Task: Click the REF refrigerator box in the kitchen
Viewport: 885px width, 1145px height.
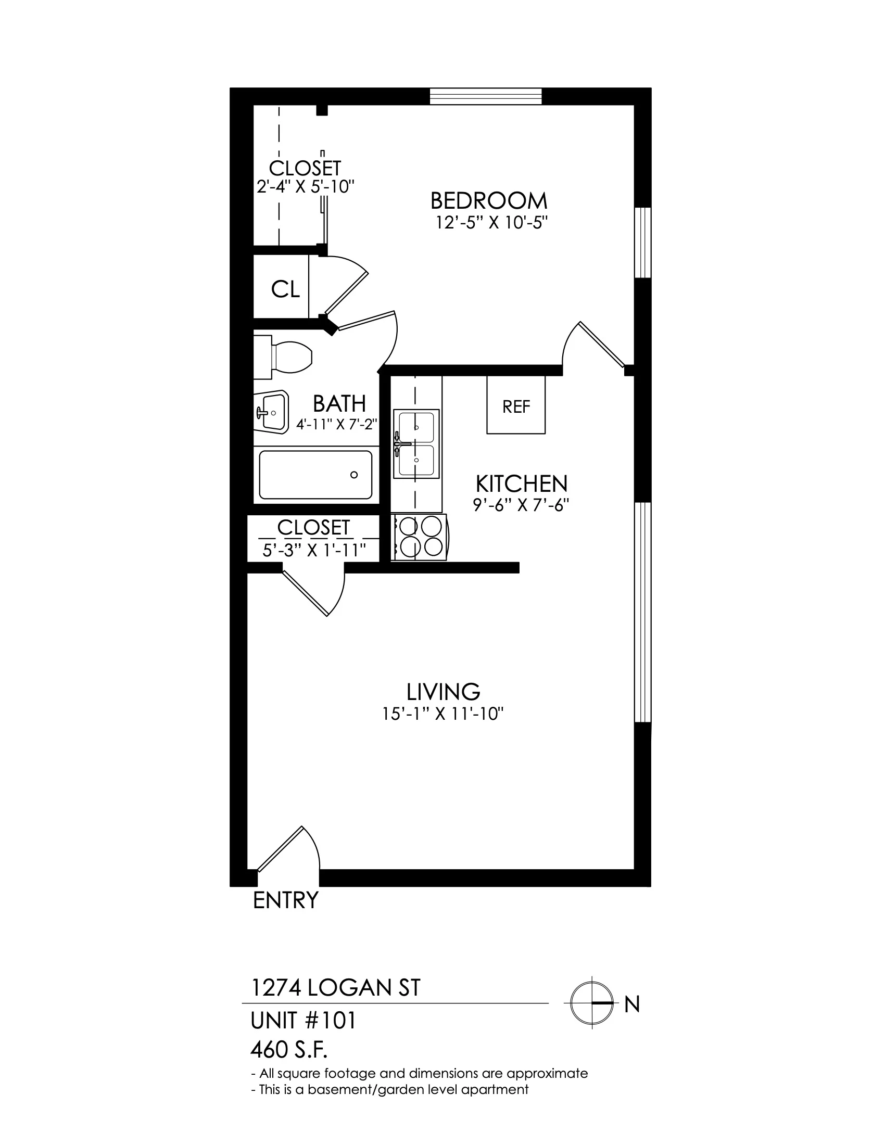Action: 516,405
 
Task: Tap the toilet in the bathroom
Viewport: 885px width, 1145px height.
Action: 283,357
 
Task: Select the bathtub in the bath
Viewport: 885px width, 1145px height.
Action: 315,475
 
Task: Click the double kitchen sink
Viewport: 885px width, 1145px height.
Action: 416,444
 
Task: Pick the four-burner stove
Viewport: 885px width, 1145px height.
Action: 420,538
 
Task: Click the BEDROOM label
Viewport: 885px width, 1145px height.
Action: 489,201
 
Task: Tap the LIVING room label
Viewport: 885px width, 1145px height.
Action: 443,692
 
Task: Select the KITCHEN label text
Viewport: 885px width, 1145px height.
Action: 521,484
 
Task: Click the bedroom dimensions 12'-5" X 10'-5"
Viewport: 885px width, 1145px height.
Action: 492,223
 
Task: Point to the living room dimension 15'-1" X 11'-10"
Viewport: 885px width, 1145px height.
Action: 443,714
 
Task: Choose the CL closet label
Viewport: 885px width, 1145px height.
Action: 285,289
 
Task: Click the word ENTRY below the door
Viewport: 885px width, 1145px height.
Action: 286,900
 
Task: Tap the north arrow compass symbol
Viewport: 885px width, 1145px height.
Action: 592,1003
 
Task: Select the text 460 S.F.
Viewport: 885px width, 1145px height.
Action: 289,1049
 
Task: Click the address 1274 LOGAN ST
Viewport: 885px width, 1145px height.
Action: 336,988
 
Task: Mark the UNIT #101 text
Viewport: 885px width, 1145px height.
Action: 304,1020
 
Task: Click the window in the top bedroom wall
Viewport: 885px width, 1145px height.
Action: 486,96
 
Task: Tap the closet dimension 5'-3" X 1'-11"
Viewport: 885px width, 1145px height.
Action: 314,551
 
